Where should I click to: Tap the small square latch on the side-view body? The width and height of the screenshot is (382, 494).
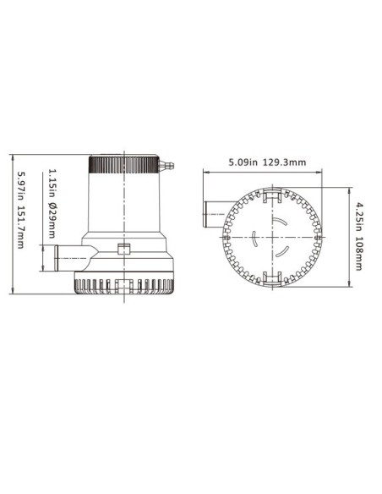pos(123,250)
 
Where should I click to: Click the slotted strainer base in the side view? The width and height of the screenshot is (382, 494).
pos(123,286)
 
